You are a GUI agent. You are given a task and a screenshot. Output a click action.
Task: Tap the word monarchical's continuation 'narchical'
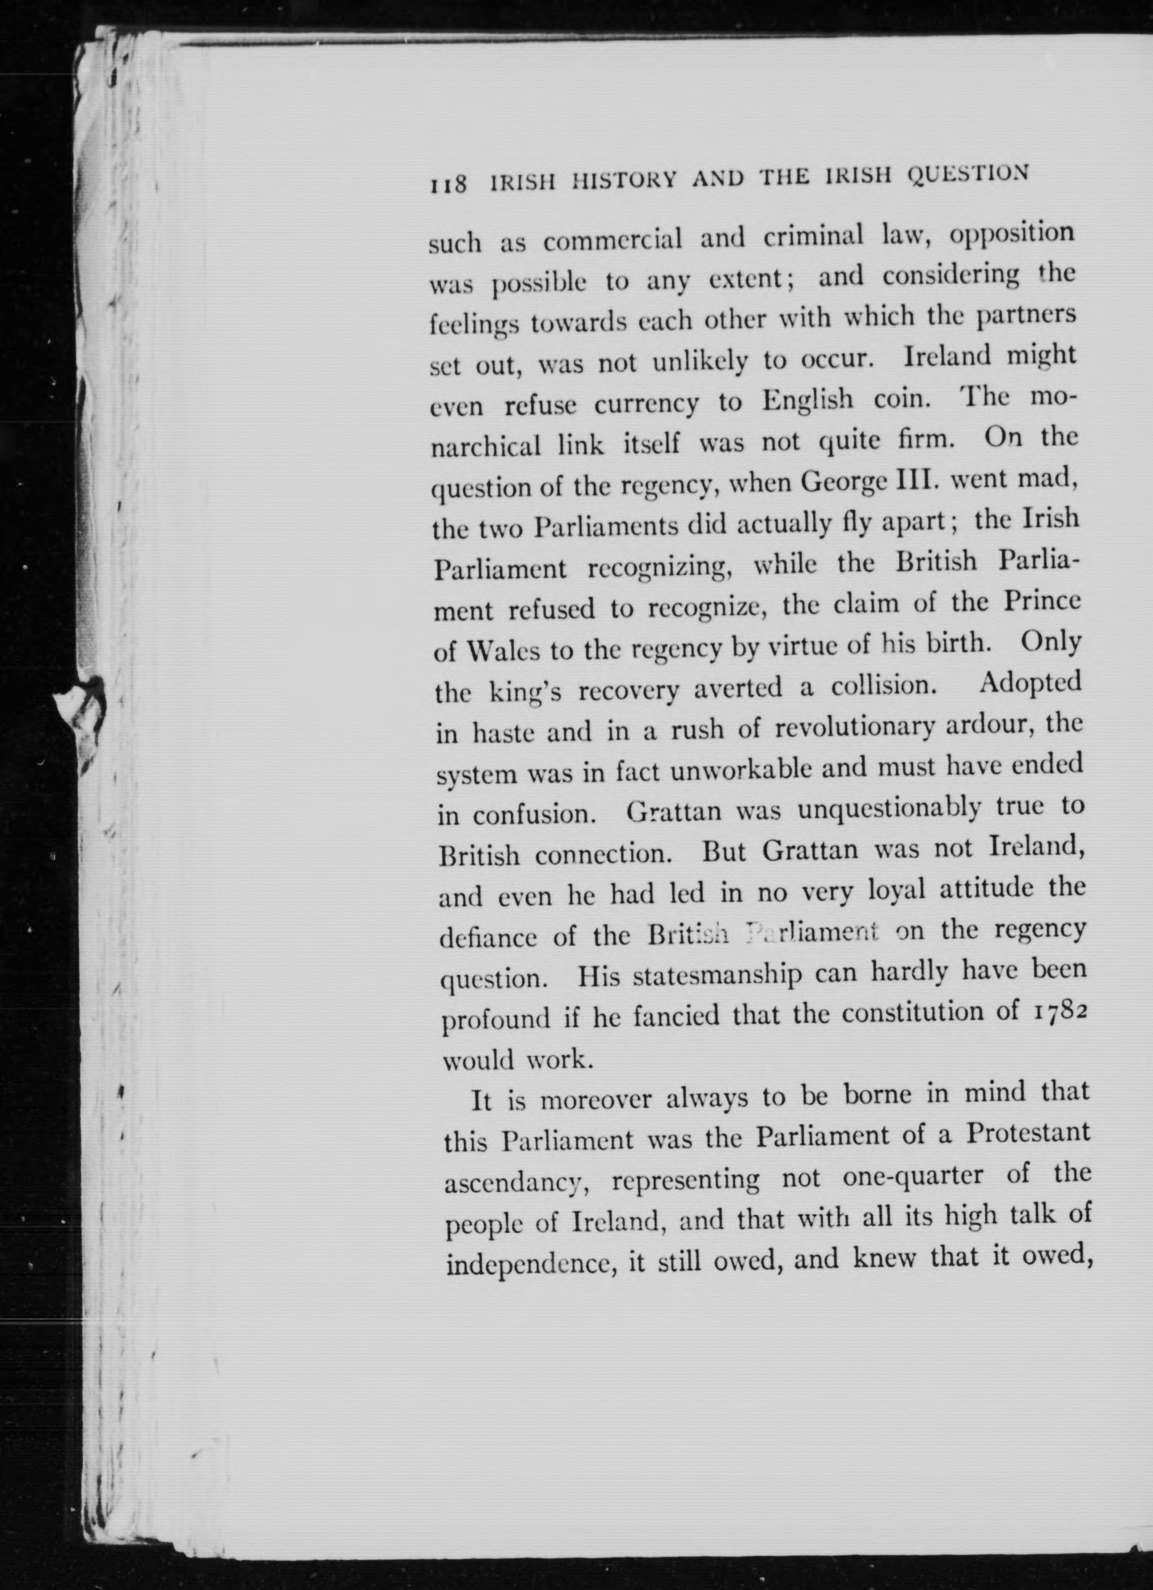(x=485, y=447)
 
